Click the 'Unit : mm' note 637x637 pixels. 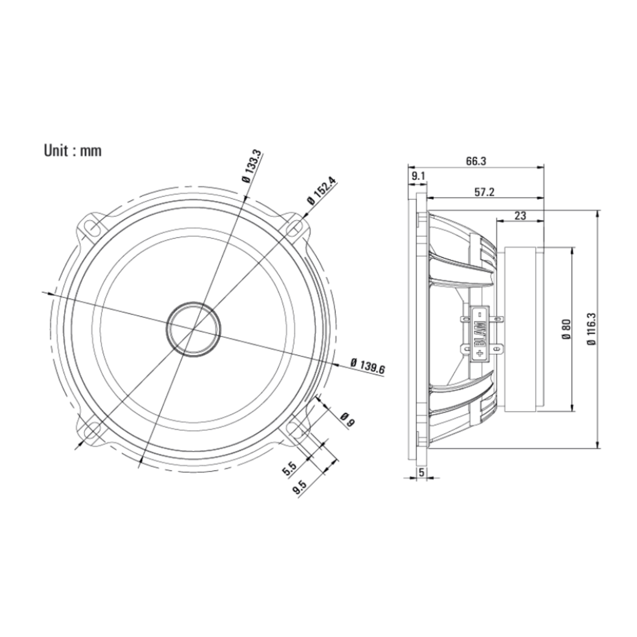click(x=73, y=151)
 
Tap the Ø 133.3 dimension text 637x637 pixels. click(x=252, y=166)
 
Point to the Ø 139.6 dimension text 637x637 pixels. click(x=368, y=366)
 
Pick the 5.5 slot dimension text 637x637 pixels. click(x=290, y=469)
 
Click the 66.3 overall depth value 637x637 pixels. click(x=476, y=161)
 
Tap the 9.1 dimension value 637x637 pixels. click(x=418, y=176)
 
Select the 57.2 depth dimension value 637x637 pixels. click(x=484, y=192)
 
